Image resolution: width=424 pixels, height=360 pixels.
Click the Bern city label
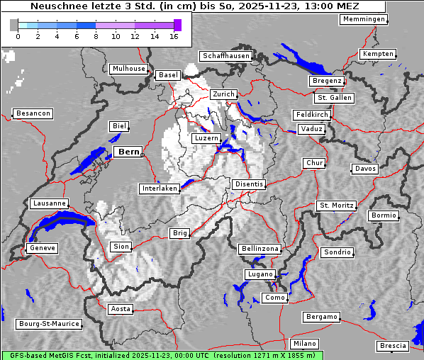point(128,152)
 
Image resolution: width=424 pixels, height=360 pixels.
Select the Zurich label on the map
point(223,94)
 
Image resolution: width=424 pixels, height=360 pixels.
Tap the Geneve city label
point(42,248)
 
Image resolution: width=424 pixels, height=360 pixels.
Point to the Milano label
point(305,343)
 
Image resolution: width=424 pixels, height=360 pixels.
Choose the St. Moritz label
point(336,206)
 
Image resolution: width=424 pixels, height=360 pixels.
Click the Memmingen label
point(364,19)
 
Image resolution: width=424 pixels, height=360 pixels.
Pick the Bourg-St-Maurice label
point(49,324)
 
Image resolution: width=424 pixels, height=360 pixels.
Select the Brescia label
point(393,345)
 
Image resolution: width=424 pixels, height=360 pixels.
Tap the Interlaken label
point(160,189)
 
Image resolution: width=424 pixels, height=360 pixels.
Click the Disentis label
point(249,184)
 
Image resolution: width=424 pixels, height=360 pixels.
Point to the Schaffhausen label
point(226,55)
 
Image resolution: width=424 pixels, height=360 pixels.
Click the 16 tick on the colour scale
point(174,36)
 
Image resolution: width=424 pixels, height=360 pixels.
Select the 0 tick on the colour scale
point(18,36)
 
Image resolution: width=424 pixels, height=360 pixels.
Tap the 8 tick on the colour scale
point(96,36)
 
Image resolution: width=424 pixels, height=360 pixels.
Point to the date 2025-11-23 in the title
point(254,6)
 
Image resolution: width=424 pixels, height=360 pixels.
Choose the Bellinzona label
point(260,249)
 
